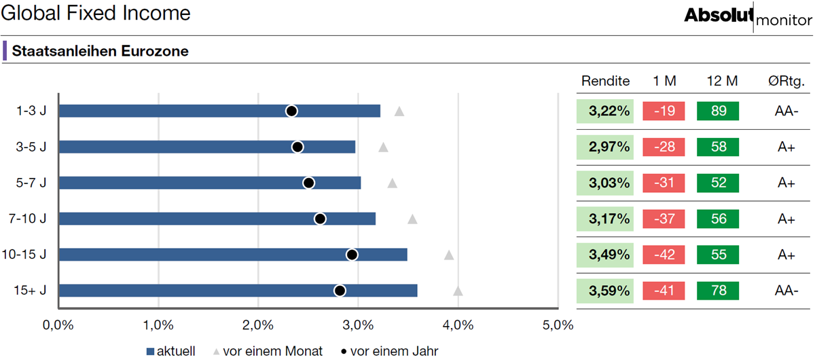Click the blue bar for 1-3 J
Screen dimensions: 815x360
[x=219, y=111]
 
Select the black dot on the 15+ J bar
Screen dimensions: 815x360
[x=340, y=291]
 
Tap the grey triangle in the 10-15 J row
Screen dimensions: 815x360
[x=449, y=255]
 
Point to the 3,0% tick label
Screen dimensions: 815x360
[x=358, y=325]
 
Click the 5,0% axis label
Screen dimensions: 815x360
[x=558, y=325]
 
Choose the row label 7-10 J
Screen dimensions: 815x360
[x=28, y=219]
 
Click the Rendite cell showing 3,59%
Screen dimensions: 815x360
[x=604, y=291]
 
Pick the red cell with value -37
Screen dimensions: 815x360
[x=664, y=219]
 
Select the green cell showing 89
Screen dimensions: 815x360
[x=718, y=111]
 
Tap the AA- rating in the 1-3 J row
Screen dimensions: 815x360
[x=786, y=111]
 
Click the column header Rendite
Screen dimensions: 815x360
[x=605, y=81]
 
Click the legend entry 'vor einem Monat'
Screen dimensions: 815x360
[x=268, y=351]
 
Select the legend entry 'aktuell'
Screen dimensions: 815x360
[x=170, y=351]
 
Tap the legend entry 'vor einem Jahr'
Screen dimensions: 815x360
[x=389, y=351]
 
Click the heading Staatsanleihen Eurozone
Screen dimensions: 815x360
[x=100, y=51]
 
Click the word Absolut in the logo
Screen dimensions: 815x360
[x=719, y=16]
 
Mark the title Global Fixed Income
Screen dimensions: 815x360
[x=96, y=13]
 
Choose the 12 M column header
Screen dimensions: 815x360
[x=722, y=81]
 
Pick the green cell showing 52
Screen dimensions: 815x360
[x=718, y=183]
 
